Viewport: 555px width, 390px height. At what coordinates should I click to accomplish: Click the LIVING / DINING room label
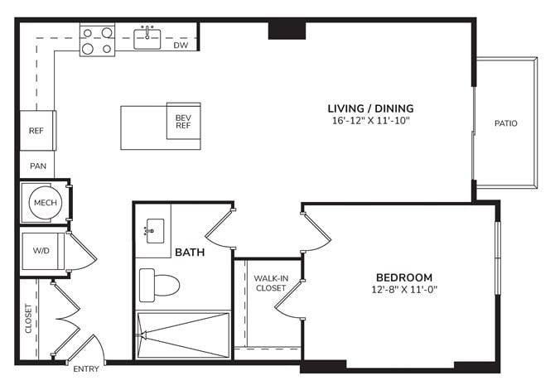370,108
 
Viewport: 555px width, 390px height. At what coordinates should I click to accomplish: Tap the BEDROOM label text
404,277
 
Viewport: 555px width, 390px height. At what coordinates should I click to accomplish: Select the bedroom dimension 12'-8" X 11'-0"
404,290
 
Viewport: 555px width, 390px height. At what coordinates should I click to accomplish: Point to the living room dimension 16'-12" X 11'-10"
370,120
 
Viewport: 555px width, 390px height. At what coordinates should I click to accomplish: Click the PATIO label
506,123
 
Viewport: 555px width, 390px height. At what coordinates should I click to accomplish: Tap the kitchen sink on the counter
147,38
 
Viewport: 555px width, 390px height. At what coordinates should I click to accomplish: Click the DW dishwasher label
181,45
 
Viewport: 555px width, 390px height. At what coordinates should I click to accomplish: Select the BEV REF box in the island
184,121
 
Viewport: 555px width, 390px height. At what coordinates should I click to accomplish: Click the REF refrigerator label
36,131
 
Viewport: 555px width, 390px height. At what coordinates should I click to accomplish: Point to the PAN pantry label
38,166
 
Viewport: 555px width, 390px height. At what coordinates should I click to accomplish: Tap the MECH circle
46,202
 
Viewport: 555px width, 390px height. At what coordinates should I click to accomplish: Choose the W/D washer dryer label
41,251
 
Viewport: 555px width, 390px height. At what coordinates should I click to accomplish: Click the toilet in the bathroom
159,285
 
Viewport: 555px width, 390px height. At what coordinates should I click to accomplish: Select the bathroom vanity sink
155,231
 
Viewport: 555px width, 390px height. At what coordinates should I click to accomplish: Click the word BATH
190,253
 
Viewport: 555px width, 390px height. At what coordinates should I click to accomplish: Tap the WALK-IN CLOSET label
271,283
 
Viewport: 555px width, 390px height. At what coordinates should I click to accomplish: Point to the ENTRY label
86,369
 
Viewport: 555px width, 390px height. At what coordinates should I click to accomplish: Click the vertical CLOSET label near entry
28,318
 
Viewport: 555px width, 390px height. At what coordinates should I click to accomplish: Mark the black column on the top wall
287,31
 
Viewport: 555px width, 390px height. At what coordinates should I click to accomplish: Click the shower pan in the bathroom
183,335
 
